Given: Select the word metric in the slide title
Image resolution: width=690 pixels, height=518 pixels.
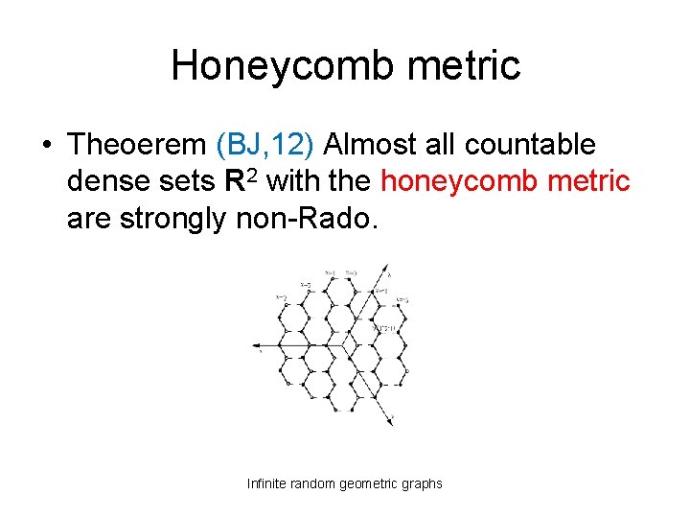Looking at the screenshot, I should click(467, 65).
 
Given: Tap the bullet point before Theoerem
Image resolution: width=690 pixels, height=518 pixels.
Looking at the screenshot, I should click(46, 146).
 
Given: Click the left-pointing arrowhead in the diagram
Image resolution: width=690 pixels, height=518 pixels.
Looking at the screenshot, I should click(255, 344).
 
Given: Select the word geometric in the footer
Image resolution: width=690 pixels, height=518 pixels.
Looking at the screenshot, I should click(368, 483).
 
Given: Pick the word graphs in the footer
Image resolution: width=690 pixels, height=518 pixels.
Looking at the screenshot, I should click(423, 483).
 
